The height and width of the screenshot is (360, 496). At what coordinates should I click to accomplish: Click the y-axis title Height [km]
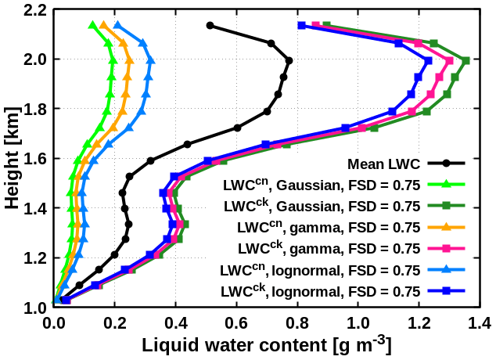click(11, 159)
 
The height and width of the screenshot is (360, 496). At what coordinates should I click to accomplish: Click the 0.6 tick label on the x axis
click(236, 322)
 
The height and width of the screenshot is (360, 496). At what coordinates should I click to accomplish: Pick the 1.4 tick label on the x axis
click(479, 322)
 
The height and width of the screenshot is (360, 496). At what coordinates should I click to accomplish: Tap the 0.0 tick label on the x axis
click(53, 322)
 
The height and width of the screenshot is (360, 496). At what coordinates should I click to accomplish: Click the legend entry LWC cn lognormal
click(321, 270)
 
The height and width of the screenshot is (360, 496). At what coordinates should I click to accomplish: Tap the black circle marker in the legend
click(446, 164)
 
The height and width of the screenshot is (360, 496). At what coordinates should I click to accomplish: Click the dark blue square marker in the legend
click(446, 291)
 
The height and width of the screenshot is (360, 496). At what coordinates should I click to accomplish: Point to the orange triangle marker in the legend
click(446, 227)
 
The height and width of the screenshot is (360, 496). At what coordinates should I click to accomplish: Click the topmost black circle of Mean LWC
click(210, 26)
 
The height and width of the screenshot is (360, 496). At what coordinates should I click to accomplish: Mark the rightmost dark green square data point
click(465, 60)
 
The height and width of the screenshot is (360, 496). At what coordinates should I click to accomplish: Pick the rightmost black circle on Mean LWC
click(289, 60)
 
